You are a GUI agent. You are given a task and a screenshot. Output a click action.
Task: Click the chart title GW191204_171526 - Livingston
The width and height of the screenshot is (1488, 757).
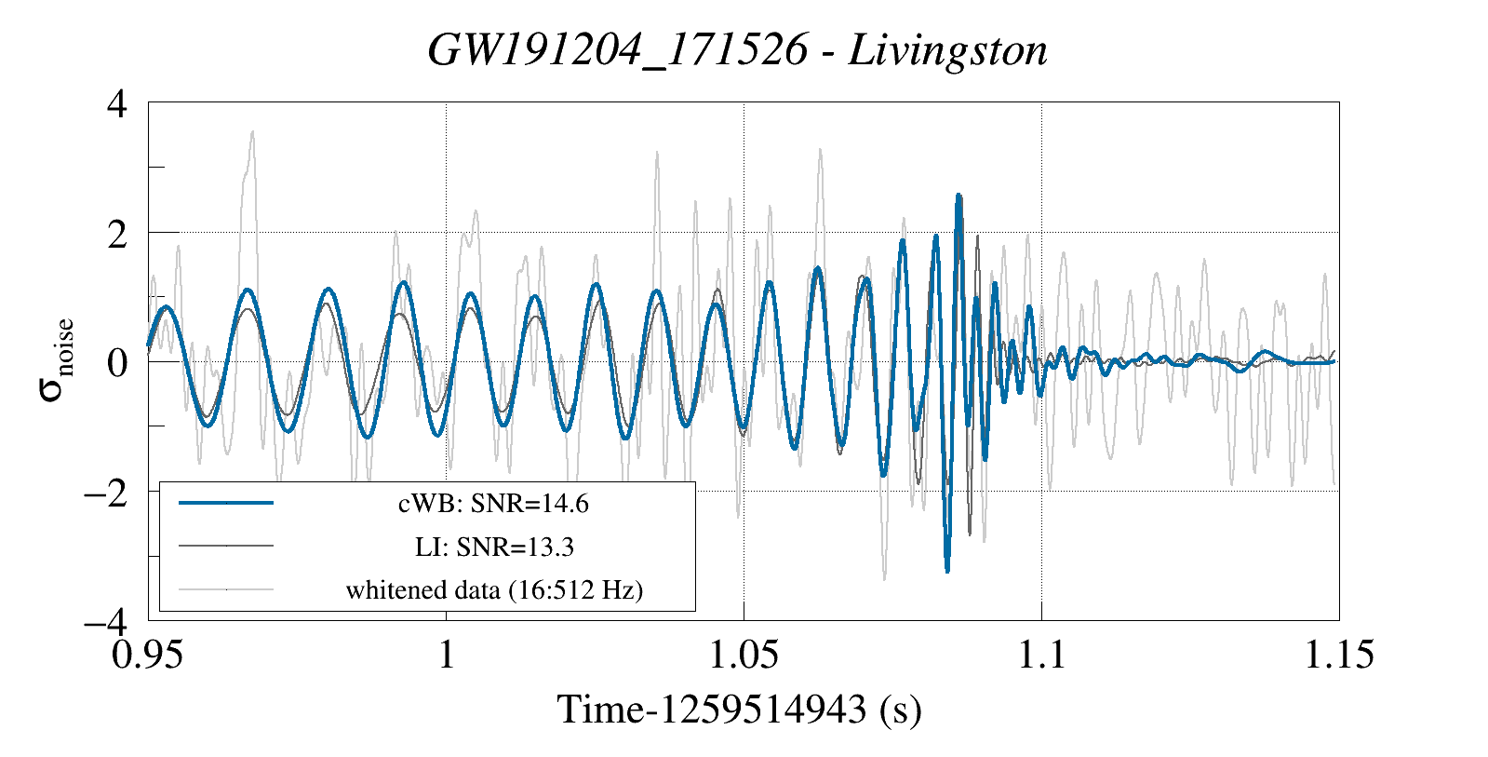pos(737,50)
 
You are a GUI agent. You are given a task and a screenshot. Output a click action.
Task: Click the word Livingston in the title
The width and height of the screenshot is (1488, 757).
pos(947,50)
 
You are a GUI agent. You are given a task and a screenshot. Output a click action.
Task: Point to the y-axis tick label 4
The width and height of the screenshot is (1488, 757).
pos(117,103)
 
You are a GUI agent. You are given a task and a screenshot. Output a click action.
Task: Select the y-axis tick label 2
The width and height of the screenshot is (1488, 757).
pos(117,233)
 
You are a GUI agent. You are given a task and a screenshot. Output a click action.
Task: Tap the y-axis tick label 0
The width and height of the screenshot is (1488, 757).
pos(117,362)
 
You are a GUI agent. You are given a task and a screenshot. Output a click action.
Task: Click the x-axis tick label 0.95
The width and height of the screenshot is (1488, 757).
pos(148,656)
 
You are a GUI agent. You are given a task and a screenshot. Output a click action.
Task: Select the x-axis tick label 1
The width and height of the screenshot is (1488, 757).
pos(447,656)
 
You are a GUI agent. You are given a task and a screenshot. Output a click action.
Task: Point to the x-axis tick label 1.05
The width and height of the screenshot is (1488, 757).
pos(744,656)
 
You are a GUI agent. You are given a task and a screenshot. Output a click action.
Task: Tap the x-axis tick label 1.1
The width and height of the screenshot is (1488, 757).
pos(1041,656)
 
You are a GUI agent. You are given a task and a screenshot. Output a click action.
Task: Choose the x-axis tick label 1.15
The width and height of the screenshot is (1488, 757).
pos(1338,656)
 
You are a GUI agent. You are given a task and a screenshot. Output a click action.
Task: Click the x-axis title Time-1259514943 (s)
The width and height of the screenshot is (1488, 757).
pos(740,710)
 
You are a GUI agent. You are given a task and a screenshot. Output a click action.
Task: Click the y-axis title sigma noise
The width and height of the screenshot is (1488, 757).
pos(56,361)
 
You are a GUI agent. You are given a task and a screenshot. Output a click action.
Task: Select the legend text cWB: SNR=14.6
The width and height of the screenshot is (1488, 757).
pos(493,504)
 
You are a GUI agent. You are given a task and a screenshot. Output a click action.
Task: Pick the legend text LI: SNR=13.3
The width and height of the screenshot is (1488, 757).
pos(493,547)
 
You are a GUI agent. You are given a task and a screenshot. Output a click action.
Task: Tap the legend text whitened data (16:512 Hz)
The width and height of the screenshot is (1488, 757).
pos(493,589)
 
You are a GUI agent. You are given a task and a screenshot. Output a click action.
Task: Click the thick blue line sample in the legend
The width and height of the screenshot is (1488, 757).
pos(226,503)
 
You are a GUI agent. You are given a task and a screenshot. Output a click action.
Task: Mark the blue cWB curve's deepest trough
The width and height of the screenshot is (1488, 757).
pos(947,570)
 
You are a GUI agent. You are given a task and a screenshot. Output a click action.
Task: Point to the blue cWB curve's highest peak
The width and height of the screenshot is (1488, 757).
pos(958,196)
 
